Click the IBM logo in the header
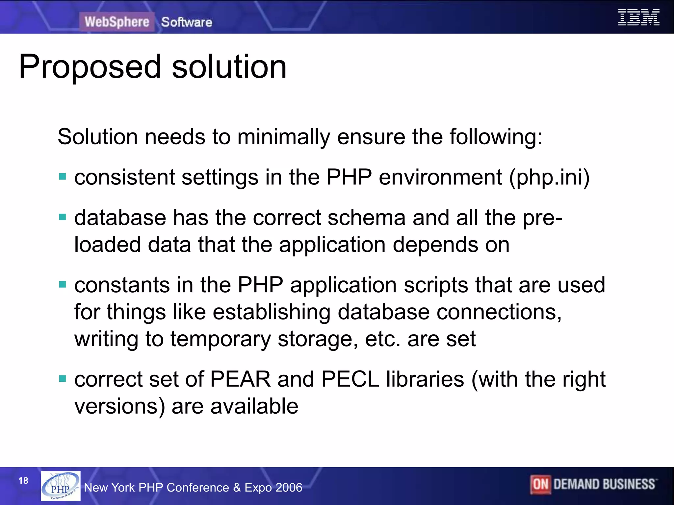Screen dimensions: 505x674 pyautogui.click(x=638, y=18)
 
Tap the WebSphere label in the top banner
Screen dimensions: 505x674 pyautogui.click(x=117, y=22)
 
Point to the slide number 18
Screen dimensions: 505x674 pyautogui.click(x=23, y=481)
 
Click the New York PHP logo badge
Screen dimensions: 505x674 pyautogui.click(x=61, y=486)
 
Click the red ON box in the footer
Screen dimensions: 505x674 pyautogui.click(x=540, y=484)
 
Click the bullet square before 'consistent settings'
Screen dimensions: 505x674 pyautogui.click(x=63, y=177)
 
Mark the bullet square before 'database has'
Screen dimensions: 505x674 pyautogui.click(x=63, y=217)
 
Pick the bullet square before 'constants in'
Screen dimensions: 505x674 pyautogui.click(x=63, y=284)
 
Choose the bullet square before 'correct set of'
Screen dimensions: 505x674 pyautogui.click(x=63, y=379)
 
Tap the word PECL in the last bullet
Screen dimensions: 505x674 pyautogui.click(x=350, y=379)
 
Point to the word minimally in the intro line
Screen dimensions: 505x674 pyautogui.click(x=283, y=137)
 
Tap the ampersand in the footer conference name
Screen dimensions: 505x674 pyautogui.click(x=237, y=487)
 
